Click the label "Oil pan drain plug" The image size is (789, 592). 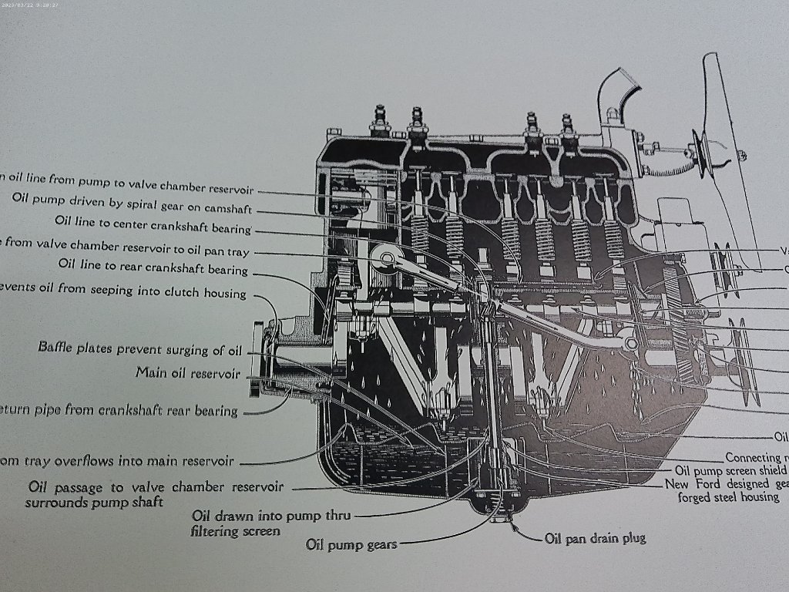click(x=595, y=538)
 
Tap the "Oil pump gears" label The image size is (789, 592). click(x=351, y=544)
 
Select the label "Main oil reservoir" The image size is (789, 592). click(x=187, y=373)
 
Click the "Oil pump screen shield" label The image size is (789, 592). click(x=730, y=470)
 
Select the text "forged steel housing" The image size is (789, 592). click(x=728, y=497)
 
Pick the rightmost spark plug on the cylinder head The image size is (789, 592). click(x=567, y=126)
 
